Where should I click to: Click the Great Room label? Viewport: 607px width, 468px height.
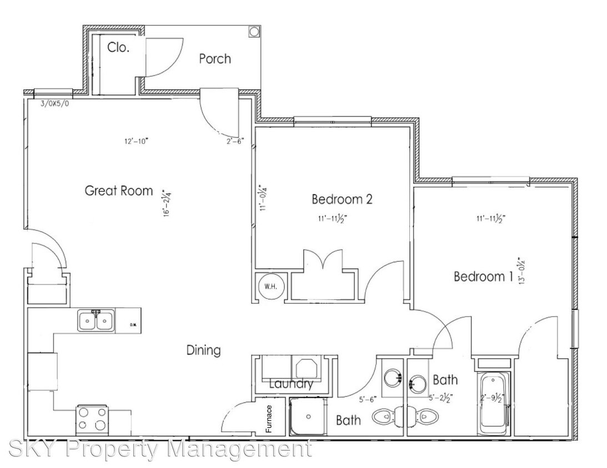point(118,191)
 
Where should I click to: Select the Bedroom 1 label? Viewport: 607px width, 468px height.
point(483,276)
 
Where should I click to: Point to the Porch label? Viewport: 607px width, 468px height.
point(215,59)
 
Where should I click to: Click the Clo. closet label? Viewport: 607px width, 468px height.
point(118,48)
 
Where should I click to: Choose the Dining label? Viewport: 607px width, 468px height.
point(203,350)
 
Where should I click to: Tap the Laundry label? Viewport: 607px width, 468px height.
point(291,384)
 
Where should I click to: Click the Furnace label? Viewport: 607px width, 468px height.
point(269,419)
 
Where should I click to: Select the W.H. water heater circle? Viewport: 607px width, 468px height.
point(271,287)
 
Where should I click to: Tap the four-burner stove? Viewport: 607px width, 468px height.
point(92,419)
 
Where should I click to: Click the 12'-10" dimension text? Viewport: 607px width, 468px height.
point(136,141)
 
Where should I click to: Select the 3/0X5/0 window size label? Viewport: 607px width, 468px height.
point(56,103)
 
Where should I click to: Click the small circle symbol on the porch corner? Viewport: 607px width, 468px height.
point(253,31)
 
